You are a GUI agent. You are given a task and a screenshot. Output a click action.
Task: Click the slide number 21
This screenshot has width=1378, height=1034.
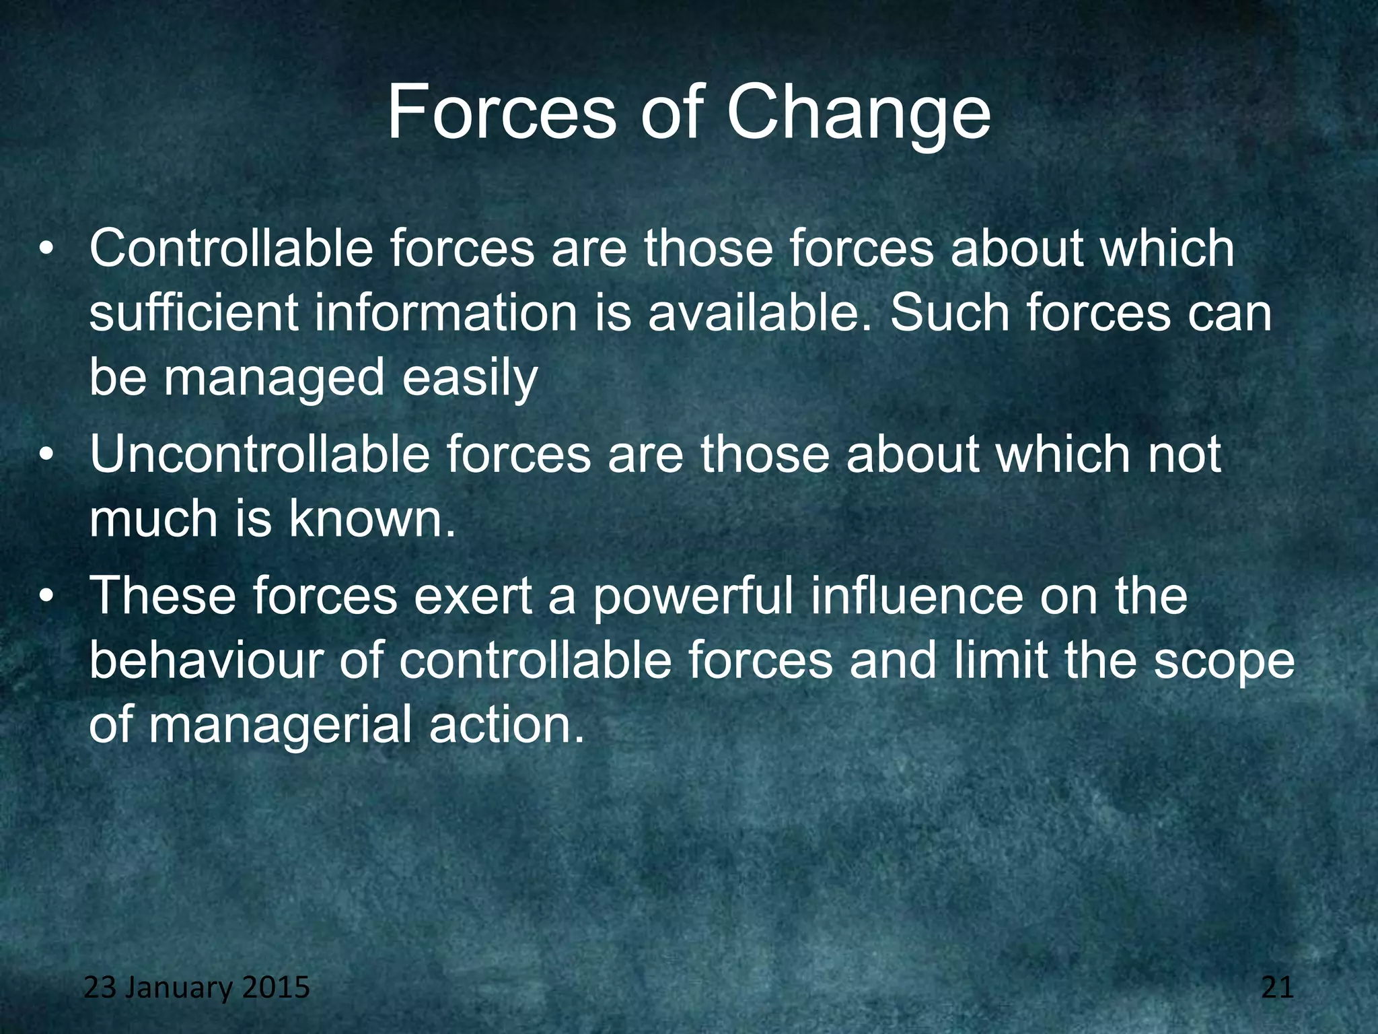click(x=1277, y=988)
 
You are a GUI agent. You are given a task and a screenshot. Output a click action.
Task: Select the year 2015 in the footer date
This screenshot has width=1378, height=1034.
click(x=275, y=988)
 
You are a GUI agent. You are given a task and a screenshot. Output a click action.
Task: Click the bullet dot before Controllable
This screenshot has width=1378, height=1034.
click(x=45, y=250)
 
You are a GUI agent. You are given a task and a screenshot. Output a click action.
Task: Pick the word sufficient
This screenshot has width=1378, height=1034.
click(x=194, y=313)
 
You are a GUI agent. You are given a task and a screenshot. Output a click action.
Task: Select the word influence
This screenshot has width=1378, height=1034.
click(x=916, y=595)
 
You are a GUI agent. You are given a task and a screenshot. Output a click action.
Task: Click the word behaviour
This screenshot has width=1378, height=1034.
click(x=207, y=660)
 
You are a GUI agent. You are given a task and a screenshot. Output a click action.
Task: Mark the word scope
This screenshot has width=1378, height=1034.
click(x=1224, y=662)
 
